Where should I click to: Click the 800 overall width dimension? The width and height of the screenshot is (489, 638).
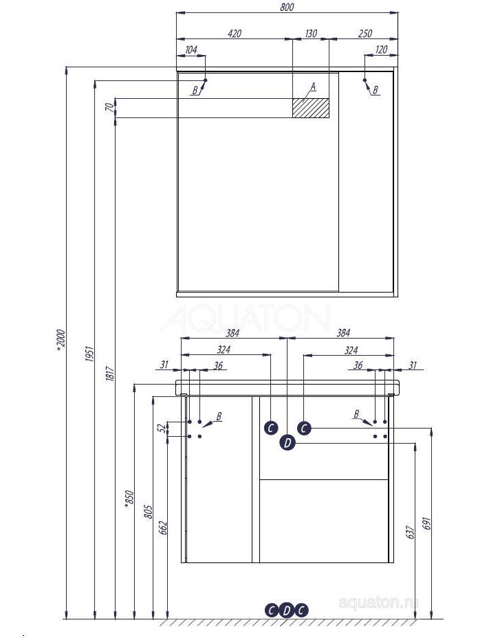pyautogui.click(x=287, y=8)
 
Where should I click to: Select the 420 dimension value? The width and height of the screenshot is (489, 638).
pyautogui.click(x=235, y=33)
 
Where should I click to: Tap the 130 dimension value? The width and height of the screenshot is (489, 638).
pyautogui.click(x=311, y=33)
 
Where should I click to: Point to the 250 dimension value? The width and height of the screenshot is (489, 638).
pyautogui.click(x=365, y=33)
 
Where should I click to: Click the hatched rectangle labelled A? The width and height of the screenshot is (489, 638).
pyautogui.click(x=310, y=108)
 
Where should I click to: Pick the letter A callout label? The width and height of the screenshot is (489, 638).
pyautogui.click(x=313, y=87)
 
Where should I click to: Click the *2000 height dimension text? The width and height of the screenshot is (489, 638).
pyautogui.click(x=61, y=339)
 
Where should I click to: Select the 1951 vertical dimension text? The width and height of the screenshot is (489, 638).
pyautogui.click(x=90, y=354)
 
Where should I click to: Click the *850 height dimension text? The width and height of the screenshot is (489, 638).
pyautogui.click(x=129, y=499)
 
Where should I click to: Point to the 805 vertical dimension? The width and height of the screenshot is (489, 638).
pyautogui.click(x=148, y=512)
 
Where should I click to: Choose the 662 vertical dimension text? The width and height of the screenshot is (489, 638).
pyautogui.click(x=163, y=527)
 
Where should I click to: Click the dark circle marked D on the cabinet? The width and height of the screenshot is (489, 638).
pyautogui.click(x=287, y=442)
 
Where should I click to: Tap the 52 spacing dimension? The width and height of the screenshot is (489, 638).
pyautogui.click(x=162, y=428)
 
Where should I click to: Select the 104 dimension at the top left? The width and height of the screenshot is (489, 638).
pyautogui.click(x=191, y=49)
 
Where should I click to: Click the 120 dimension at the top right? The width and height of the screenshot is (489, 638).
pyautogui.click(x=381, y=49)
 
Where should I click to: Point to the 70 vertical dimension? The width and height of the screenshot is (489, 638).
pyautogui.click(x=109, y=107)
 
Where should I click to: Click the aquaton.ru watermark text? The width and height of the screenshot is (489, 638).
pyautogui.click(x=378, y=603)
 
